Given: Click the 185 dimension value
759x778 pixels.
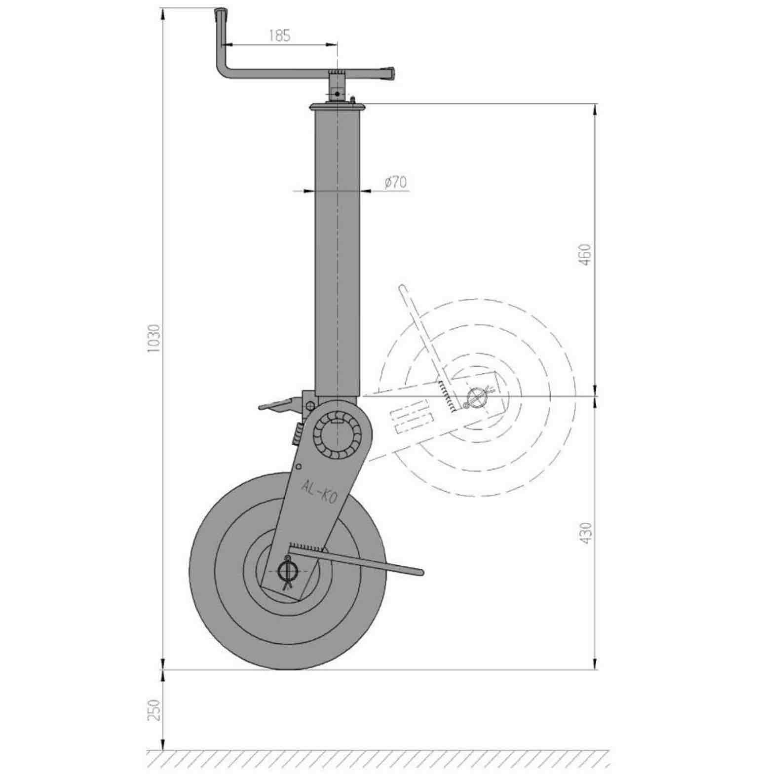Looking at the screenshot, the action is coord(280,36).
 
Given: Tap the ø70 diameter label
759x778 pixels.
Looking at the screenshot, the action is coord(396,182).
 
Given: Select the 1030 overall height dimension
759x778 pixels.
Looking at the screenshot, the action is coord(154,338).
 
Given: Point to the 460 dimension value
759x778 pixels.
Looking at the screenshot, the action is coord(585,254).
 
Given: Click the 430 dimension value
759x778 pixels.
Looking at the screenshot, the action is coord(585,533).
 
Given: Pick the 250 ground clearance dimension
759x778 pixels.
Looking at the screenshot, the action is coord(154,710).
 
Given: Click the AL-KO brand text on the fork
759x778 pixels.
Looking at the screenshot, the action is coord(319,492).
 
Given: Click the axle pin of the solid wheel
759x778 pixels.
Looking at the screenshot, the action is coord(287,571).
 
